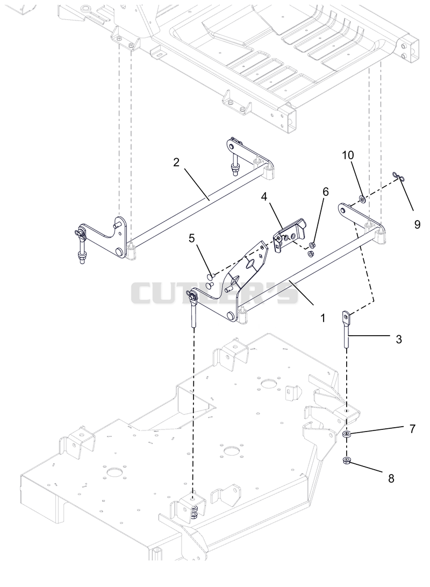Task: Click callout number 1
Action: (x=322, y=318)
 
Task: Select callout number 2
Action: (x=176, y=162)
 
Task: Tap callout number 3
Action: (x=399, y=339)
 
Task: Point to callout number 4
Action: (x=264, y=196)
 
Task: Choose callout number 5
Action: (x=192, y=238)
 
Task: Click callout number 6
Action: (x=326, y=192)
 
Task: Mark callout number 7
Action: (x=412, y=429)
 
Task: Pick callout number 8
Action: (x=391, y=478)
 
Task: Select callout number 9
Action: (x=417, y=224)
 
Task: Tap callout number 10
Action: (x=348, y=155)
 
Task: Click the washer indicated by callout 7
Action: (x=347, y=435)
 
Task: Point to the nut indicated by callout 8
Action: (x=346, y=461)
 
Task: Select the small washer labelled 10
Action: (x=362, y=199)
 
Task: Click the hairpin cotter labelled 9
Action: (x=399, y=176)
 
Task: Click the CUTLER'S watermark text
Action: (x=214, y=293)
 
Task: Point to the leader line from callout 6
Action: (x=319, y=220)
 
